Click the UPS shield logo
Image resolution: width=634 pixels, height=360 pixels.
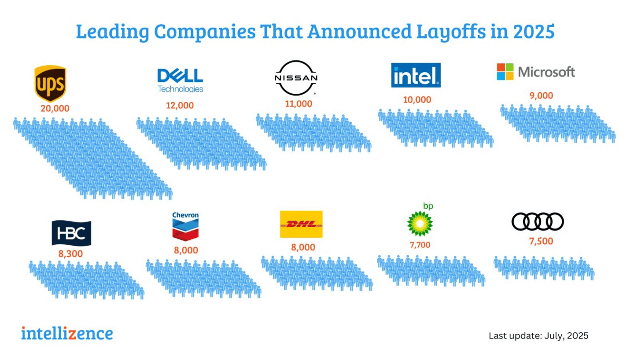pyautogui.click(x=50, y=83)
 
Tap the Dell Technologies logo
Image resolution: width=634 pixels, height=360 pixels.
pyautogui.click(x=181, y=81)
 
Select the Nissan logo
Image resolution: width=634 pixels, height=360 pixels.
pyautogui.click(x=296, y=78)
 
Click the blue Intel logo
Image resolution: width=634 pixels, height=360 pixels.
pyautogui.click(x=416, y=75)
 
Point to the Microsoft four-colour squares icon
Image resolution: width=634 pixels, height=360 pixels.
pyautogui.click(x=505, y=72)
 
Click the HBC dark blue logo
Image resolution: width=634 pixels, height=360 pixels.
pyautogui.click(x=71, y=233)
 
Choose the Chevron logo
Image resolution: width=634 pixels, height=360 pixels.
pyautogui.click(x=185, y=226)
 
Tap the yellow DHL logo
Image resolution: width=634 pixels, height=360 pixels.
pyautogui.click(x=301, y=224)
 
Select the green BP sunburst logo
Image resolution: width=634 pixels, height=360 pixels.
pyautogui.click(x=420, y=224)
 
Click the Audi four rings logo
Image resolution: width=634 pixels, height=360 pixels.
pyautogui.click(x=538, y=221)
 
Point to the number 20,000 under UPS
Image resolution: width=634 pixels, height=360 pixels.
pyautogui.click(x=55, y=108)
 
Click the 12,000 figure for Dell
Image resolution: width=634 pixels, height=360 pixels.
pyautogui.click(x=180, y=105)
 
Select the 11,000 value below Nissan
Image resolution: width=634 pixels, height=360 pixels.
pyautogui.click(x=299, y=104)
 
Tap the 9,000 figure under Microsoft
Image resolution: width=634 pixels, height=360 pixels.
pyautogui.click(x=541, y=96)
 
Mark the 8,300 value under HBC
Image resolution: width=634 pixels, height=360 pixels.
pyautogui.click(x=70, y=254)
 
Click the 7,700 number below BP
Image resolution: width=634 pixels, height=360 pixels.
pyautogui.click(x=420, y=245)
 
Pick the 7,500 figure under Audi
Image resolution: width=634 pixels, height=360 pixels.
pyautogui.click(x=541, y=241)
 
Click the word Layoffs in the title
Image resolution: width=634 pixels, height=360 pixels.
pyautogui.click(x=451, y=32)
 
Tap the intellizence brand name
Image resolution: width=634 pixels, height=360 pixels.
pyautogui.click(x=67, y=334)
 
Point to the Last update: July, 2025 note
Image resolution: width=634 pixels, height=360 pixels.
pyautogui.click(x=538, y=336)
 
